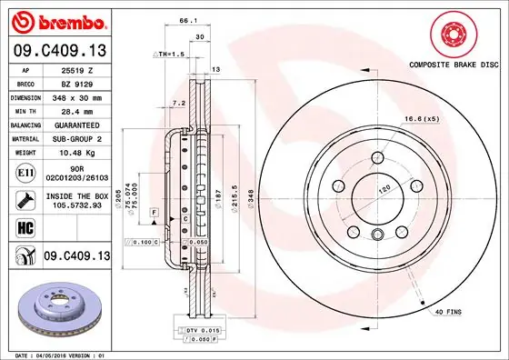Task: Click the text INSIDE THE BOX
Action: (x=78, y=194)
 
